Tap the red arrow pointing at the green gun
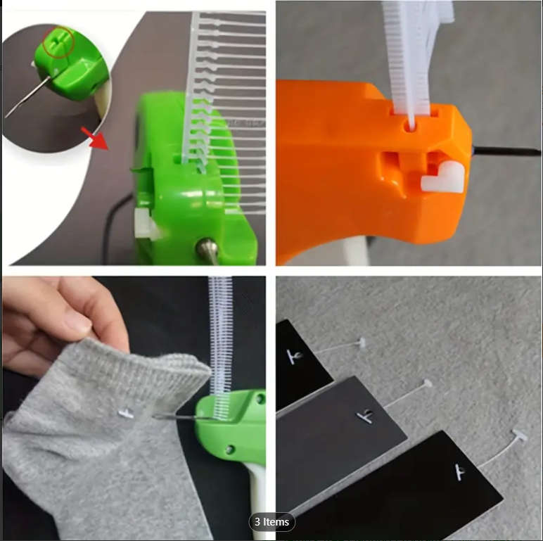97,138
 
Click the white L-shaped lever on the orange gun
444,177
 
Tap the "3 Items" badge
271,521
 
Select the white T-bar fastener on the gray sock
126,414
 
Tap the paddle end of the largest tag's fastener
519,436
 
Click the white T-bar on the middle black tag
366,417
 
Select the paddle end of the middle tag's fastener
426,385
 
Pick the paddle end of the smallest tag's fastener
362,343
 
